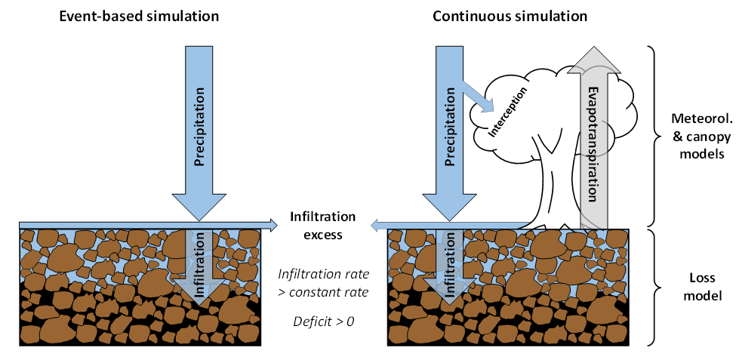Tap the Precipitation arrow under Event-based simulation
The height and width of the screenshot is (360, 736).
click(x=200, y=121)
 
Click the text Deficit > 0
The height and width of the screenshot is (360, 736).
click(x=323, y=322)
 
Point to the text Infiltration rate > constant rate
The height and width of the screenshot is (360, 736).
click(x=323, y=282)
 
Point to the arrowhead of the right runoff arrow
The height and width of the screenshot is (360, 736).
click(x=375, y=223)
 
